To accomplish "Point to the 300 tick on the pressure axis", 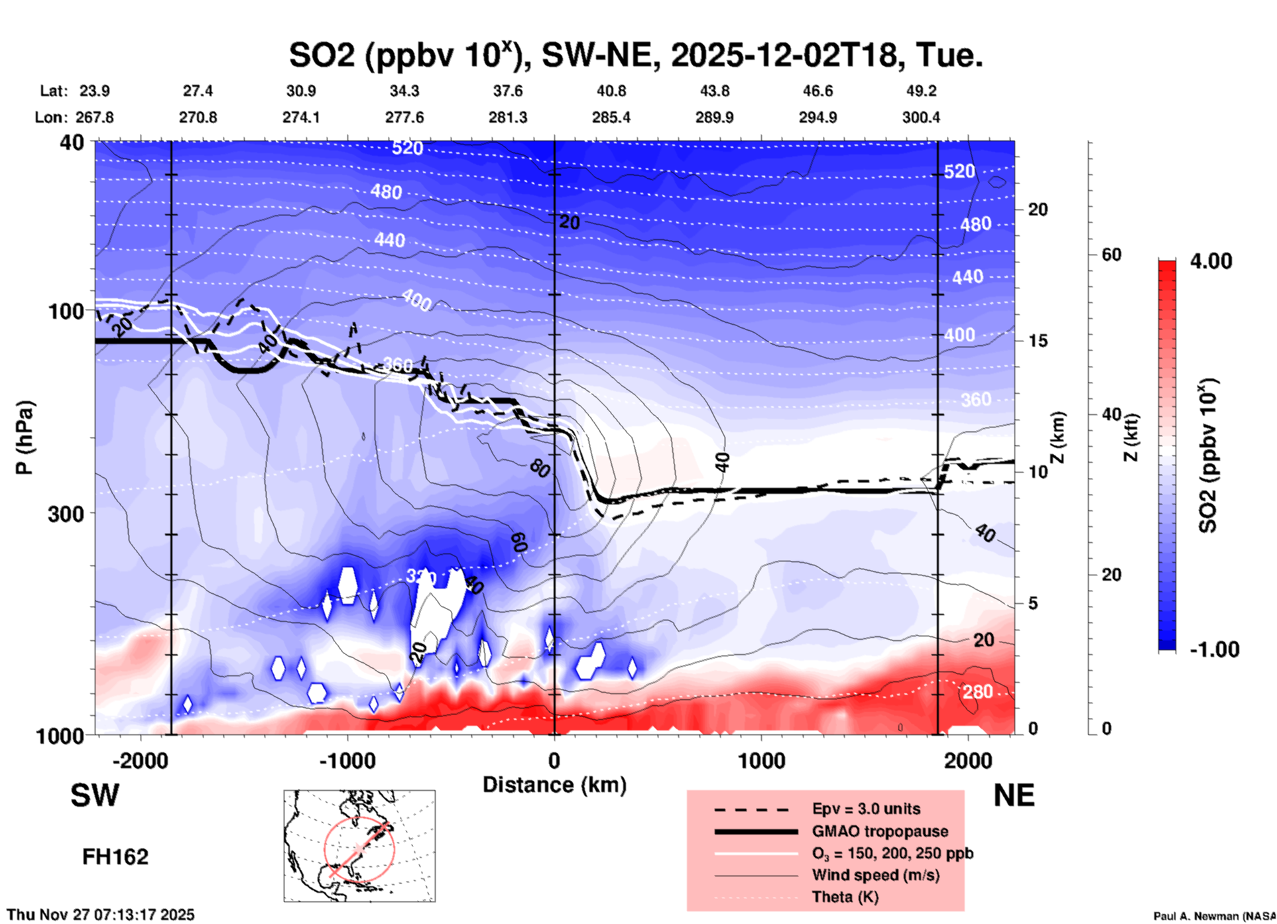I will pos(66,514).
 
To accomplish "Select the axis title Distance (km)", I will pos(554,785).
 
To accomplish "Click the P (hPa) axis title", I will pos(25,437).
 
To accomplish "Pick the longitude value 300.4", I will pos(920,117).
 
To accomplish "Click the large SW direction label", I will pos(95,795).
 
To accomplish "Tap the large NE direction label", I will pos(1014,795).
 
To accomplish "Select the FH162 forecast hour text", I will pos(115,857).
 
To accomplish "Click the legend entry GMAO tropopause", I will pos(880,831).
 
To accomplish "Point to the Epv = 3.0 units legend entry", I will pos(866,809).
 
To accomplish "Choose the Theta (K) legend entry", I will pos(845,897).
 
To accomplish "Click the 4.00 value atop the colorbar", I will pos(1211,261).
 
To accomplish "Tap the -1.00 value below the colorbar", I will pos(1214,649).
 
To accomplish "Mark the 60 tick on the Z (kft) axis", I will pos(1111,255).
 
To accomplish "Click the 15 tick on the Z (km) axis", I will pos(1038,341).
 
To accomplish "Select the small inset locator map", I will pos(359,845).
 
